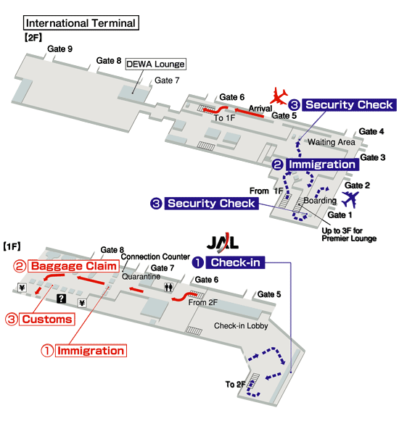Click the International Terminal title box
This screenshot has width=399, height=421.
click(81, 22)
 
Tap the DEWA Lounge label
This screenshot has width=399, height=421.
click(156, 64)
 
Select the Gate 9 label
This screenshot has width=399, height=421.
click(59, 49)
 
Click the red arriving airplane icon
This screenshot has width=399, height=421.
click(279, 96)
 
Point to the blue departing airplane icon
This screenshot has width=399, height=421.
click(350, 199)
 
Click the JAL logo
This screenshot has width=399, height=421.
click(223, 243)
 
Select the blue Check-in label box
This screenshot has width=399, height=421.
click(235, 262)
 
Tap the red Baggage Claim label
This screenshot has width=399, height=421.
click(74, 266)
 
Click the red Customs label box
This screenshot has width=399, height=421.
click(46, 320)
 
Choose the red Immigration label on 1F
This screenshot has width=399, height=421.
click(91, 351)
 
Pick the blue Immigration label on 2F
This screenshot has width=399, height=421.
click(322, 164)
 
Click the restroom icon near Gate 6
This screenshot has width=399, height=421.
click(168, 287)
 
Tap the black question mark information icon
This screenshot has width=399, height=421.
click(62, 299)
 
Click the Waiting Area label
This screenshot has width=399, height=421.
click(332, 142)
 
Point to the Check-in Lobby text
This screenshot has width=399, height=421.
click(241, 325)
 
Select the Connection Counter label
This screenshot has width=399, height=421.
click(155, 257)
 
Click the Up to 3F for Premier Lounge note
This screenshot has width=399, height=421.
click(349, 234)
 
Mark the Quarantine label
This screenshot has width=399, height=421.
click(141, 276)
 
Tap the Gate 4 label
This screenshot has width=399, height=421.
click(371, 131)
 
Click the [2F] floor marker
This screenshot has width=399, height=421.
click(33, 38)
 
